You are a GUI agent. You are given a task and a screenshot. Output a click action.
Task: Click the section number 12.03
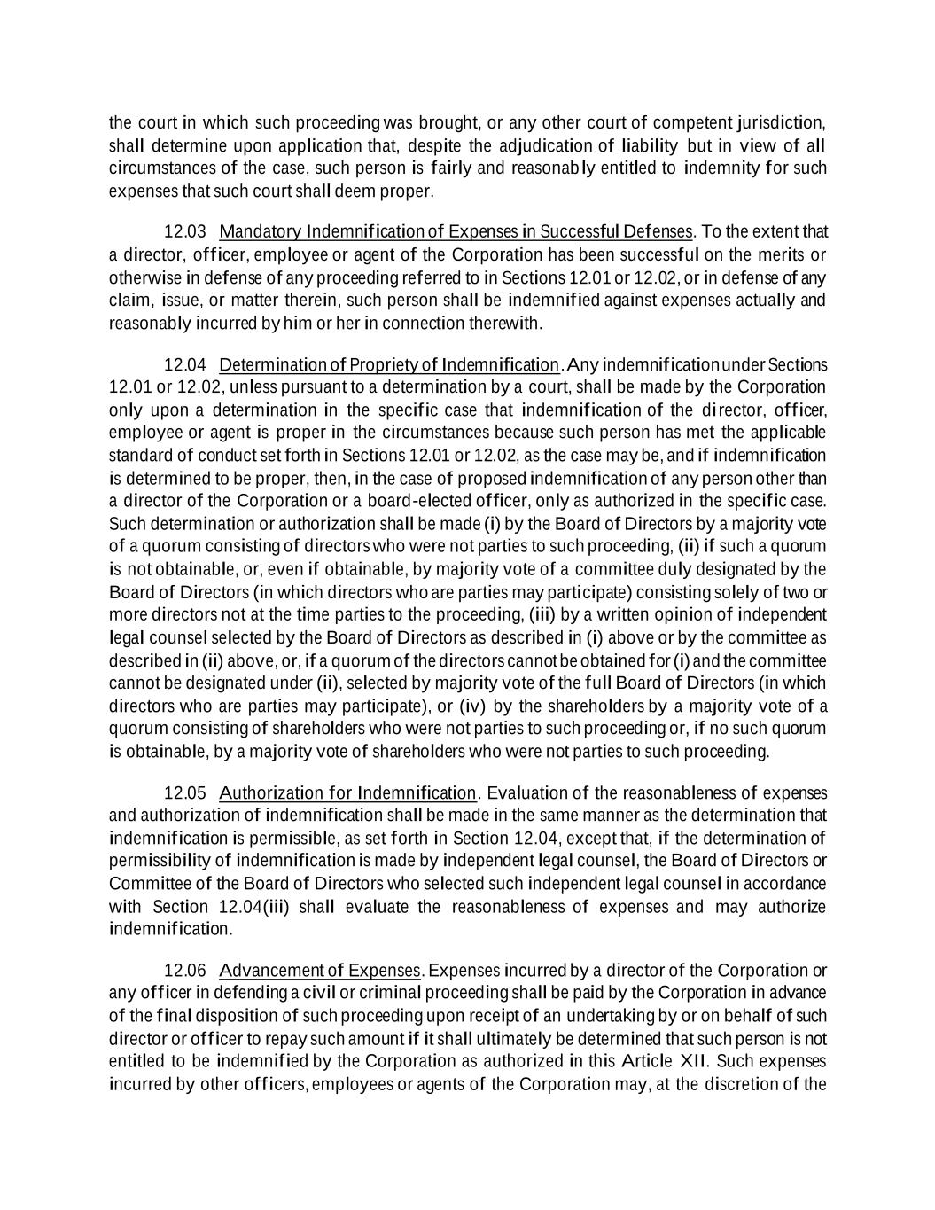185,232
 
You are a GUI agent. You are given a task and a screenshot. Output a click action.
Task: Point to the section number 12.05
185,792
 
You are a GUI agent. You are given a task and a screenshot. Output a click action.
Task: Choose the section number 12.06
185,970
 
